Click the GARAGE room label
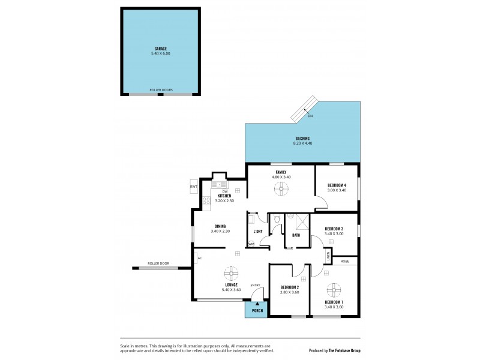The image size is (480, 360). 160,48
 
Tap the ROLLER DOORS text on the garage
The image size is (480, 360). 161,90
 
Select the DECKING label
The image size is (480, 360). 302,139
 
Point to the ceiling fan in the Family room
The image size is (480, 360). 281,189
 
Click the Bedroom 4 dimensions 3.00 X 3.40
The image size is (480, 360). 337,190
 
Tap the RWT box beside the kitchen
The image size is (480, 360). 194,187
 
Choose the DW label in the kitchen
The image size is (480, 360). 224,191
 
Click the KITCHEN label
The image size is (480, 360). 224,196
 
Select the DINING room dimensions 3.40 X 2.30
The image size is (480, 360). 220,231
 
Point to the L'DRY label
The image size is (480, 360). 258,231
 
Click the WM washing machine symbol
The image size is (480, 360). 251,244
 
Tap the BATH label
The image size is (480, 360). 296,235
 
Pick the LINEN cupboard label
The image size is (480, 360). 328,256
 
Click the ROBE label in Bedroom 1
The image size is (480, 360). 345,261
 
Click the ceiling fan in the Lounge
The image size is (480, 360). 232,274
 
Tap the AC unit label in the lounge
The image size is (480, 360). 200,258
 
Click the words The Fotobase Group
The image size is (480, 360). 347,351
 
